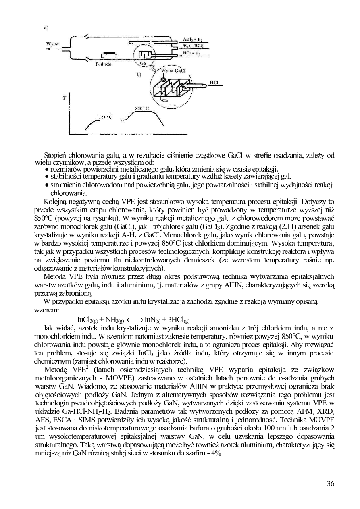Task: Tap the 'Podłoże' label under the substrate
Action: click(104, 64)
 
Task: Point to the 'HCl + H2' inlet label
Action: click(193, 52)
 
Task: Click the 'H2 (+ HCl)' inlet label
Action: click(194, 46)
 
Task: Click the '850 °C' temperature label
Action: click(142, 108)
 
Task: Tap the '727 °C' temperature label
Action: click(105, 117)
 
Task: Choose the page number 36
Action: click(331, 484)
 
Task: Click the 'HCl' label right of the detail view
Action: click(214, 82)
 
